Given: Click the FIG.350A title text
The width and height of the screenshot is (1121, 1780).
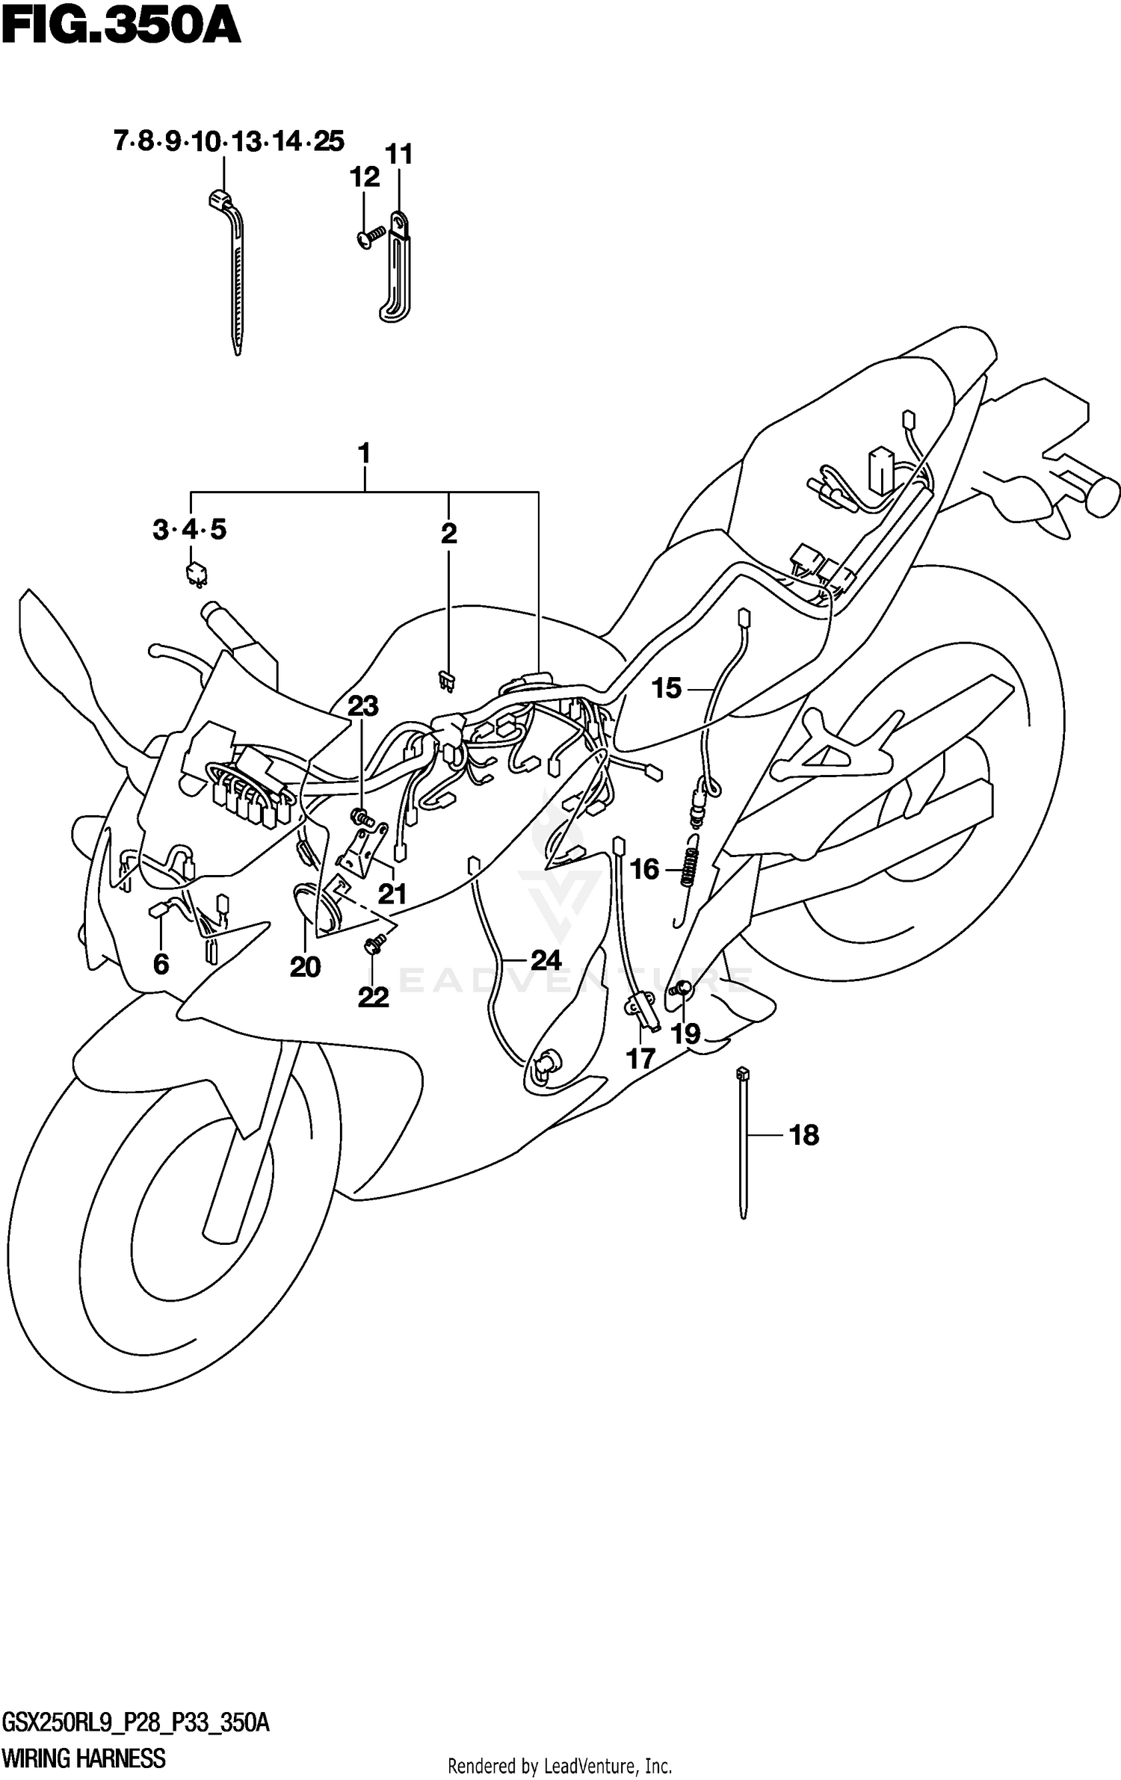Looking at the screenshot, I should click(121, 28).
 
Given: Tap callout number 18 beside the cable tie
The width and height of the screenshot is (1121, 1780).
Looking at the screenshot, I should click(804, 1135).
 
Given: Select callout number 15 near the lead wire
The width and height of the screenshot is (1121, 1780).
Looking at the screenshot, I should click(666, 688).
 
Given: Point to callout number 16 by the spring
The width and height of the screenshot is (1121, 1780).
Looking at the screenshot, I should click(644, 869).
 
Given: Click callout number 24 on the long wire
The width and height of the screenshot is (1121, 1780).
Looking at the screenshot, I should click(546, 959).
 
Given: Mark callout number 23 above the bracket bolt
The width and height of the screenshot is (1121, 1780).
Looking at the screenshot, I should click(363, 705).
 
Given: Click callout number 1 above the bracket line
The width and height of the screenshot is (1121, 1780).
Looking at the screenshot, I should click(364, 454).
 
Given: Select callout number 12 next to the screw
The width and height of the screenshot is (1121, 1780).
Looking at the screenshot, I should click(365, 177).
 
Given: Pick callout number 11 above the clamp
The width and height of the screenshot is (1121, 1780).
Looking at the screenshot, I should click(398, 155).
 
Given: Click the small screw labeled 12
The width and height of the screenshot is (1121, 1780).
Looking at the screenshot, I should click(368, 238).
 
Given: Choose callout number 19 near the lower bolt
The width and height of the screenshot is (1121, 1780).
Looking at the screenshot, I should click(685, 1034).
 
